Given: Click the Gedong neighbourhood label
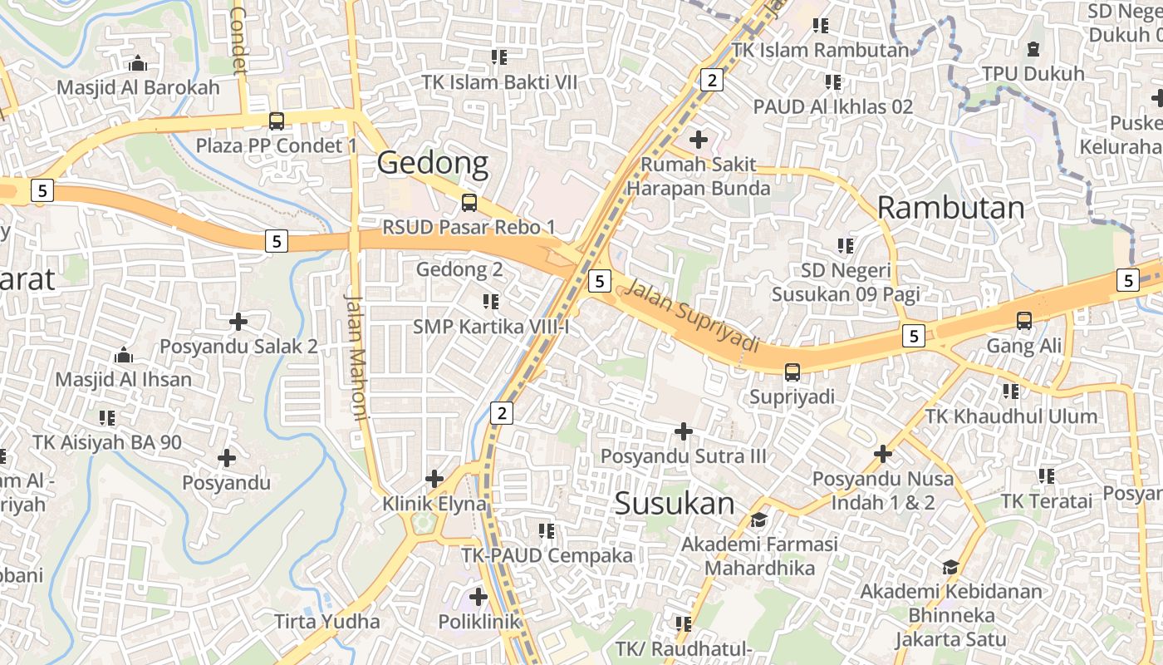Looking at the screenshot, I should click(433, 163).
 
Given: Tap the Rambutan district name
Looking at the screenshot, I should click(950, 208).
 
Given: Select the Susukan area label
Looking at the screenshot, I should click(675, 504).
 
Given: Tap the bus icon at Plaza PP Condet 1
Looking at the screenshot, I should click(277, 121).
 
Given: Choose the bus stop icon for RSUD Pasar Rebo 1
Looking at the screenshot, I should click(469, 203).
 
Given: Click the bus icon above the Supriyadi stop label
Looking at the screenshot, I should click(792, 372).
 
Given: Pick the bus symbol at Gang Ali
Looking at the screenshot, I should click(1023, 321).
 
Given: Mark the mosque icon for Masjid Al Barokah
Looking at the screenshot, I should click(138, 63).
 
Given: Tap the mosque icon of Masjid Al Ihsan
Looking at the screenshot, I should click(124, 355).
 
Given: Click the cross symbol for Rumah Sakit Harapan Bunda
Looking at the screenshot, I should click(699, 139).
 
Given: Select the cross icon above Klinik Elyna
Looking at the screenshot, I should click(434, 479).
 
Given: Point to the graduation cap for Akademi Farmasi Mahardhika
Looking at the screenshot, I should click(758, 520).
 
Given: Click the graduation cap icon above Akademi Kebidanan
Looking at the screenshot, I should click(950, 567).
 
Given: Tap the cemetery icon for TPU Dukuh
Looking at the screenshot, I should click(1033, 49).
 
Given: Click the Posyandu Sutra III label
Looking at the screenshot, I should click(683, 456).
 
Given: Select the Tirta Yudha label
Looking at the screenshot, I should click(326, 621).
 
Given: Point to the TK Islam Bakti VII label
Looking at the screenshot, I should click(499, 82).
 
